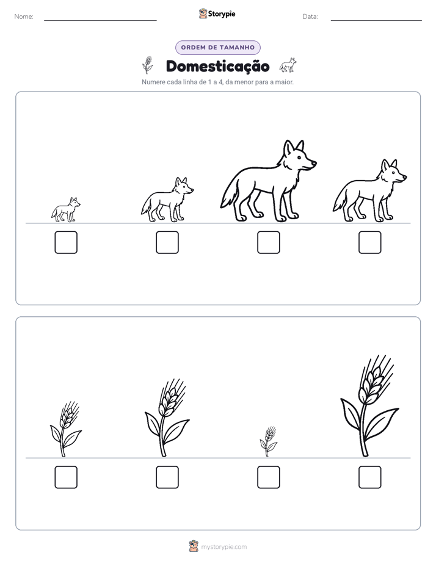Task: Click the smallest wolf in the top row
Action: click(x=66, y=209)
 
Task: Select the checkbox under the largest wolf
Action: click(x=268, y=242)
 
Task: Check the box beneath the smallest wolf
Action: click(x=66, y=242)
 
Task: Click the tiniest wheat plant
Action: click(x=268, y=442)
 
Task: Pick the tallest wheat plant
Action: click(x=369, y=406)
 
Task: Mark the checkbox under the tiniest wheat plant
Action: click(x=268, y=477)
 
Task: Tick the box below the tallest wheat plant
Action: click(x=370, y=477)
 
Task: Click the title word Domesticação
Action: click(x=217, y=67)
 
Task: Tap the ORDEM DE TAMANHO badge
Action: click(x=217, y=48)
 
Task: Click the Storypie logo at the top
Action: click(x=217, y=13)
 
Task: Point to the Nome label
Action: click(x=24, y=16)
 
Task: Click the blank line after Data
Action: click(x=376, y=20)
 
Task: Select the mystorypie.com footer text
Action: click(x=223, y=547)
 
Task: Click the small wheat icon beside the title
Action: click(x=147, y=65)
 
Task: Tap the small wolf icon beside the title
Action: click(x=288, y=65)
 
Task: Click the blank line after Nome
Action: click(x=100, y=20)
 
